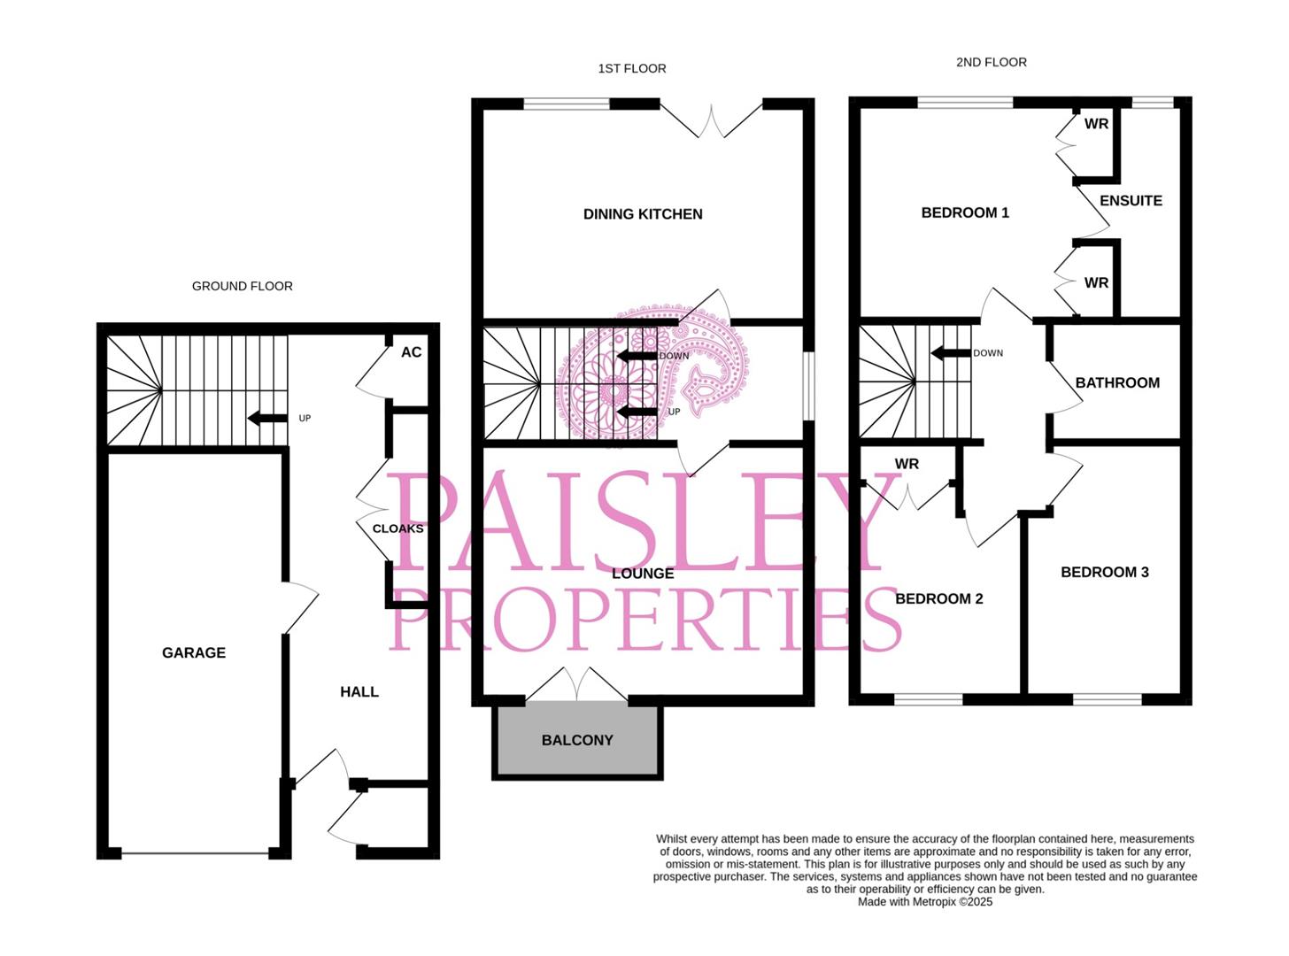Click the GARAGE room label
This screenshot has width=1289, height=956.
[194, 652]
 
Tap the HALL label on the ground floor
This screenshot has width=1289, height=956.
[359, 691]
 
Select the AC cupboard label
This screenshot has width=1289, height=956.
[411, 352]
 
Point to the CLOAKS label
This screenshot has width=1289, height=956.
[398, 528]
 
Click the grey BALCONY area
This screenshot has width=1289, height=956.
[578, 740]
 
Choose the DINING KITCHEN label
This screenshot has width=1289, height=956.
[643, 214]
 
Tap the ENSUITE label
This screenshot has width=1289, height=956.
[1131, 201]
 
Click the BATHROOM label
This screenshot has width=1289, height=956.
[1117, 383]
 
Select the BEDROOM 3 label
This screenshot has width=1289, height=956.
[1105, 573]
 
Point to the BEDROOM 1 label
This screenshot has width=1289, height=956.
[965, 212]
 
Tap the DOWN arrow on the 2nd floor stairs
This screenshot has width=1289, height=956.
[951, 353]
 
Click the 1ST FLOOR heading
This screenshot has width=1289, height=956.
[632, 68]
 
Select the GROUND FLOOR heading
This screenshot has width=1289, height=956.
[243, 286]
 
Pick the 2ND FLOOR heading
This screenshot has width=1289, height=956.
[992, 62]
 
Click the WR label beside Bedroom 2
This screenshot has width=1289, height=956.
[907, 464]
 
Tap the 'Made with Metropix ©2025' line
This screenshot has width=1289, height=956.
[925, 902]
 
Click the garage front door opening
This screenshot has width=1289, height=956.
[195, 853]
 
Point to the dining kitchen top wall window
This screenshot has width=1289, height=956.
[567, 104]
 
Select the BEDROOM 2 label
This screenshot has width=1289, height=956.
[939, 599]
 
